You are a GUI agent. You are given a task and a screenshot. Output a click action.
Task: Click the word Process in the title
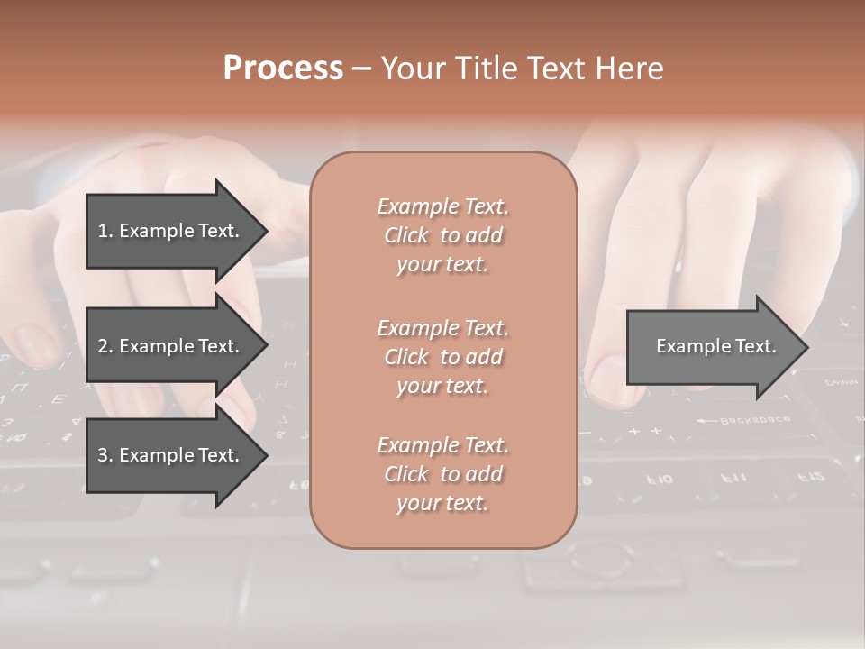click(x=283, y=69)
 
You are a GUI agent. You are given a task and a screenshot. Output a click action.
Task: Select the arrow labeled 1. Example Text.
click(x=171, y=231)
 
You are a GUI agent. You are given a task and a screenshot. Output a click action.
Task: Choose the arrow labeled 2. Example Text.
click(x=171, y=346)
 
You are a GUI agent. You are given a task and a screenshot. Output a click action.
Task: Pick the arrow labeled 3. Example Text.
click(x=171, y=455)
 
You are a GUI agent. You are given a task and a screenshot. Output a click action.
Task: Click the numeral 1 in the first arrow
click(x=103, y=231)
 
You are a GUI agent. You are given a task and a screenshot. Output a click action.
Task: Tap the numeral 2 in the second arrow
click(x=103, y=346)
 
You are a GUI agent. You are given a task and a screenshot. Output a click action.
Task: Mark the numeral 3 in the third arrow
click(x=103, y=455)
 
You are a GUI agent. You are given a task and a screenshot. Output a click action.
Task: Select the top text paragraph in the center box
click(x=442, y=235)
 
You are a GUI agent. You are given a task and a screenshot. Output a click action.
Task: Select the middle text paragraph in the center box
click(x=442, y=356)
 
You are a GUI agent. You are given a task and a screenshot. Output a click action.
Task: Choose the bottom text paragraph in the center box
click(x=442, y=474)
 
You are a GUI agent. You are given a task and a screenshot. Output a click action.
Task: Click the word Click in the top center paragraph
click(x=406, y=235)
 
